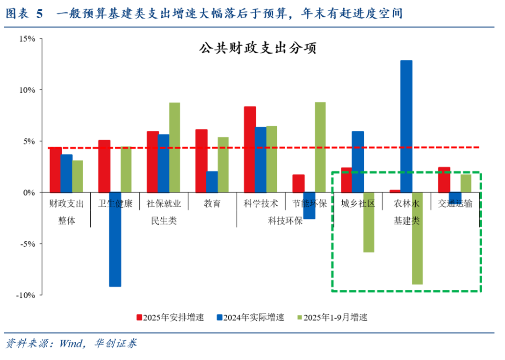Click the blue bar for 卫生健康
click(x=115, y=239)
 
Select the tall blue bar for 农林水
click(x=406, y=126)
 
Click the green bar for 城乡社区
click(x=369, y=222)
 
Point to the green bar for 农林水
click(x=417, y=238)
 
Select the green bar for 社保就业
click(x=174, y=147)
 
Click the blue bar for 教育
click(x=212, y=182)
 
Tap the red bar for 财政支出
click(x=56, y=170)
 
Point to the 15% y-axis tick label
click(x=28, y=39)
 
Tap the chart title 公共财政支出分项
click(x=258, y=49)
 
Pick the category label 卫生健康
click(x=115, y=204)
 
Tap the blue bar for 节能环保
click(x=309, y=206)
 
